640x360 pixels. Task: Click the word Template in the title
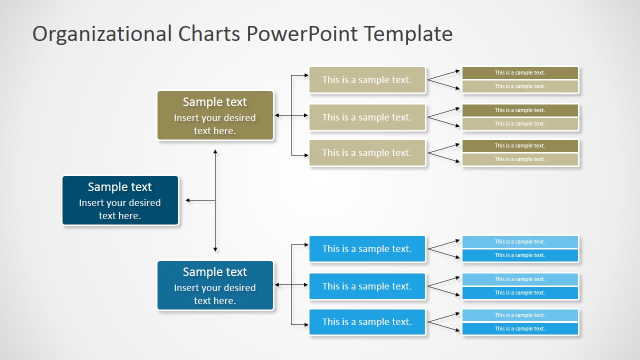point(408,34)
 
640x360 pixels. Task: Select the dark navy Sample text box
point(120,200)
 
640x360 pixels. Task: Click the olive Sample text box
point(215,115)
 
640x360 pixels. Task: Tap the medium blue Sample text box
point(215,285)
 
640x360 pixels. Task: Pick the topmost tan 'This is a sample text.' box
point(367,80)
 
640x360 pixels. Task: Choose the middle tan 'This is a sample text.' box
point(367,117)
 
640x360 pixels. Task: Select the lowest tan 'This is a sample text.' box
point(367,153)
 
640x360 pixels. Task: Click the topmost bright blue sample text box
point(367,249)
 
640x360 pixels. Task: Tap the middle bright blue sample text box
point(367,286)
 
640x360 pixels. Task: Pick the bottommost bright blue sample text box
point(367,322)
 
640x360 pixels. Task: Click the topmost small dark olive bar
point(520,73)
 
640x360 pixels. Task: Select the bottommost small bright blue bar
point(520,329)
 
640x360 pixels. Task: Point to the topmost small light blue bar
point(520,242)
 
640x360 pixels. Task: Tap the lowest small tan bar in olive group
point(520,159)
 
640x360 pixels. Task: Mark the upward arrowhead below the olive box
point(215,151)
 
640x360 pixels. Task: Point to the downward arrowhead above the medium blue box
point(215,249)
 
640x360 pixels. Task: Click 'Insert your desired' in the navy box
point(120,203)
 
